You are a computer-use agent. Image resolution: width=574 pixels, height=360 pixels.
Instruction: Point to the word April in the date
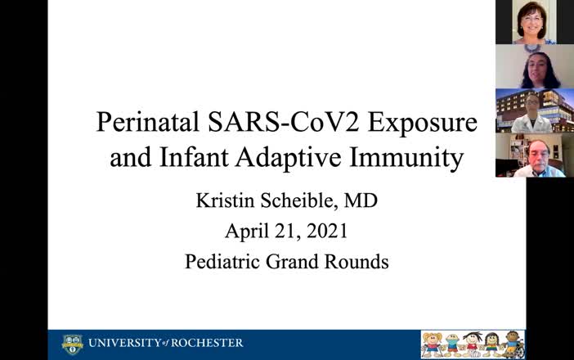pyautogui.click(x=247, y=232)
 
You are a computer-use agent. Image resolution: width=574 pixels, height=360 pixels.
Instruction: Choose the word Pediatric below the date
pyautogui.click(x=223, y=263)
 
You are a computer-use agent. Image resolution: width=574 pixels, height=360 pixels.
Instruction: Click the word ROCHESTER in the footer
pyautogui.click(x=206, y=344)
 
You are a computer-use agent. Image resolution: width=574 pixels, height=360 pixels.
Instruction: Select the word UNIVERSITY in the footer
pyautogui.click(x=123, y=344)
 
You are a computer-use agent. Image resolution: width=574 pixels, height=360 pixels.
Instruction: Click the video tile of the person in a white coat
pyautogui.click(x=535, y=110)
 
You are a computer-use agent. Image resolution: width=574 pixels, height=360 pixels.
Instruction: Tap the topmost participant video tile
pyautogui.click(x=535, y=22)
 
